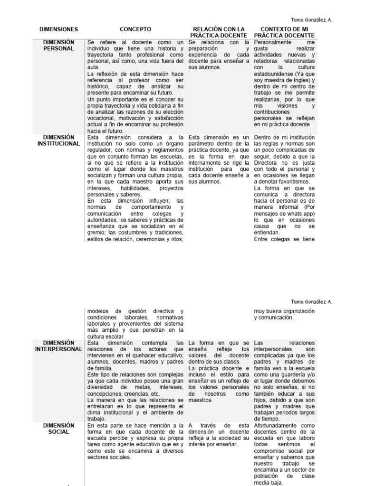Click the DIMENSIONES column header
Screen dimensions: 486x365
tap(59, 29)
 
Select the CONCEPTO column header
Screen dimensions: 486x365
tap(135, 29)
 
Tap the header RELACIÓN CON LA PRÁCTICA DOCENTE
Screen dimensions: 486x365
tap(219, 32)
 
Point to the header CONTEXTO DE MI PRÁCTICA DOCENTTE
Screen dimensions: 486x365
tap(284, 32)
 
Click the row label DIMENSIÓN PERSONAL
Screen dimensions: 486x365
tap(59, 45)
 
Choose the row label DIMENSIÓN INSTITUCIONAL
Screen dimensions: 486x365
tap(59, 140)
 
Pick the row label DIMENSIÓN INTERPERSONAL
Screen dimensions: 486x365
tap(59, 346)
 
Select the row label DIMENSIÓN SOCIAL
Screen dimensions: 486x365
tap(59, 429)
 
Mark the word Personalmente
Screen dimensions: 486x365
tap(275, 42)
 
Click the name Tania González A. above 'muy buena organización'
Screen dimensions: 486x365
tap(311, 301)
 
